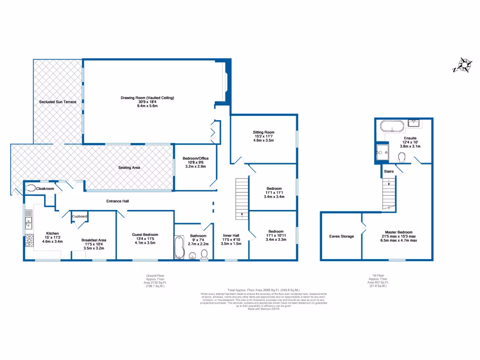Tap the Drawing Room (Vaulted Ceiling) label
click(x=147, y=98)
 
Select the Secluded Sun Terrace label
click(x=57, y=102)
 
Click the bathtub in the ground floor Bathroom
click(x=178, y=247)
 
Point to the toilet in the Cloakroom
click(x=30, y=188)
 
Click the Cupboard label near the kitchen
click(x=80, y=216)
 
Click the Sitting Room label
click(x=263, y=133)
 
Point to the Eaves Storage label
click(x=341, y=236)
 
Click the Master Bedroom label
click(x=398, y=232)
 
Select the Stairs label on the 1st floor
click(x=389, y=172)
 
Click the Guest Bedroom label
click(x=145, y=234)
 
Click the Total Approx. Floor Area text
click(x=263, y=291)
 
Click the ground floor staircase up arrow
click(x=242, y=215)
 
